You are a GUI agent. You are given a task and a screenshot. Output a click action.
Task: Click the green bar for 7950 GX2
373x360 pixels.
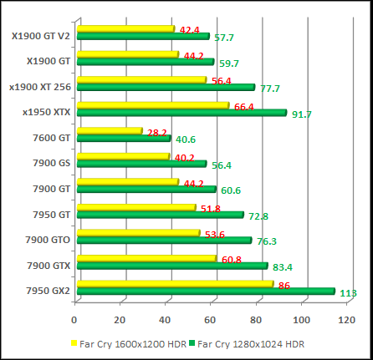(x=210, y=292)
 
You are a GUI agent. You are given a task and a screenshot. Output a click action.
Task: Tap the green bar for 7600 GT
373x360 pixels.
(x=123, y=138)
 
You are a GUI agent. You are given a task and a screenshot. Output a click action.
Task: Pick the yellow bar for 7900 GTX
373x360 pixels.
(x=146, y=259)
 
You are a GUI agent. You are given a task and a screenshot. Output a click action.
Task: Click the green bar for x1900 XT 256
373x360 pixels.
(x=165, y=87)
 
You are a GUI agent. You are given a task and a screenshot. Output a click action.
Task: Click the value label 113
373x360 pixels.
(x=348, y=293)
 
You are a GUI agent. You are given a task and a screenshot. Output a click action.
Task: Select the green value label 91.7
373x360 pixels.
(x=301, y=114)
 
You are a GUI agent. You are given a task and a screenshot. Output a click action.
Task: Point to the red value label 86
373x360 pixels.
(x=284, y=286)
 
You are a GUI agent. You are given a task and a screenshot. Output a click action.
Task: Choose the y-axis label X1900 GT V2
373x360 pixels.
(x=41, y=36)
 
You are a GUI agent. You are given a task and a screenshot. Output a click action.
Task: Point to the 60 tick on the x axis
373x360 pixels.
(x=212, y=318)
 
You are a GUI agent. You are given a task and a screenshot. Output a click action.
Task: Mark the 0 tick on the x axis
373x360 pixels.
(x=75, y=318)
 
